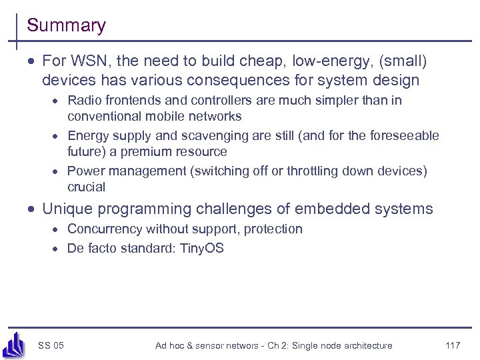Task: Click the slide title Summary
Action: pos(66,26)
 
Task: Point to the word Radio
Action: pos(85,101)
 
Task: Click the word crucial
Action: pos(87,187)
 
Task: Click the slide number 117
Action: pos(453,345)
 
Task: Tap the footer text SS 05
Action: pos(51,345)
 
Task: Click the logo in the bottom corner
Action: pos(14,344)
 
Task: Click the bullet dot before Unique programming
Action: pos(31,210)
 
